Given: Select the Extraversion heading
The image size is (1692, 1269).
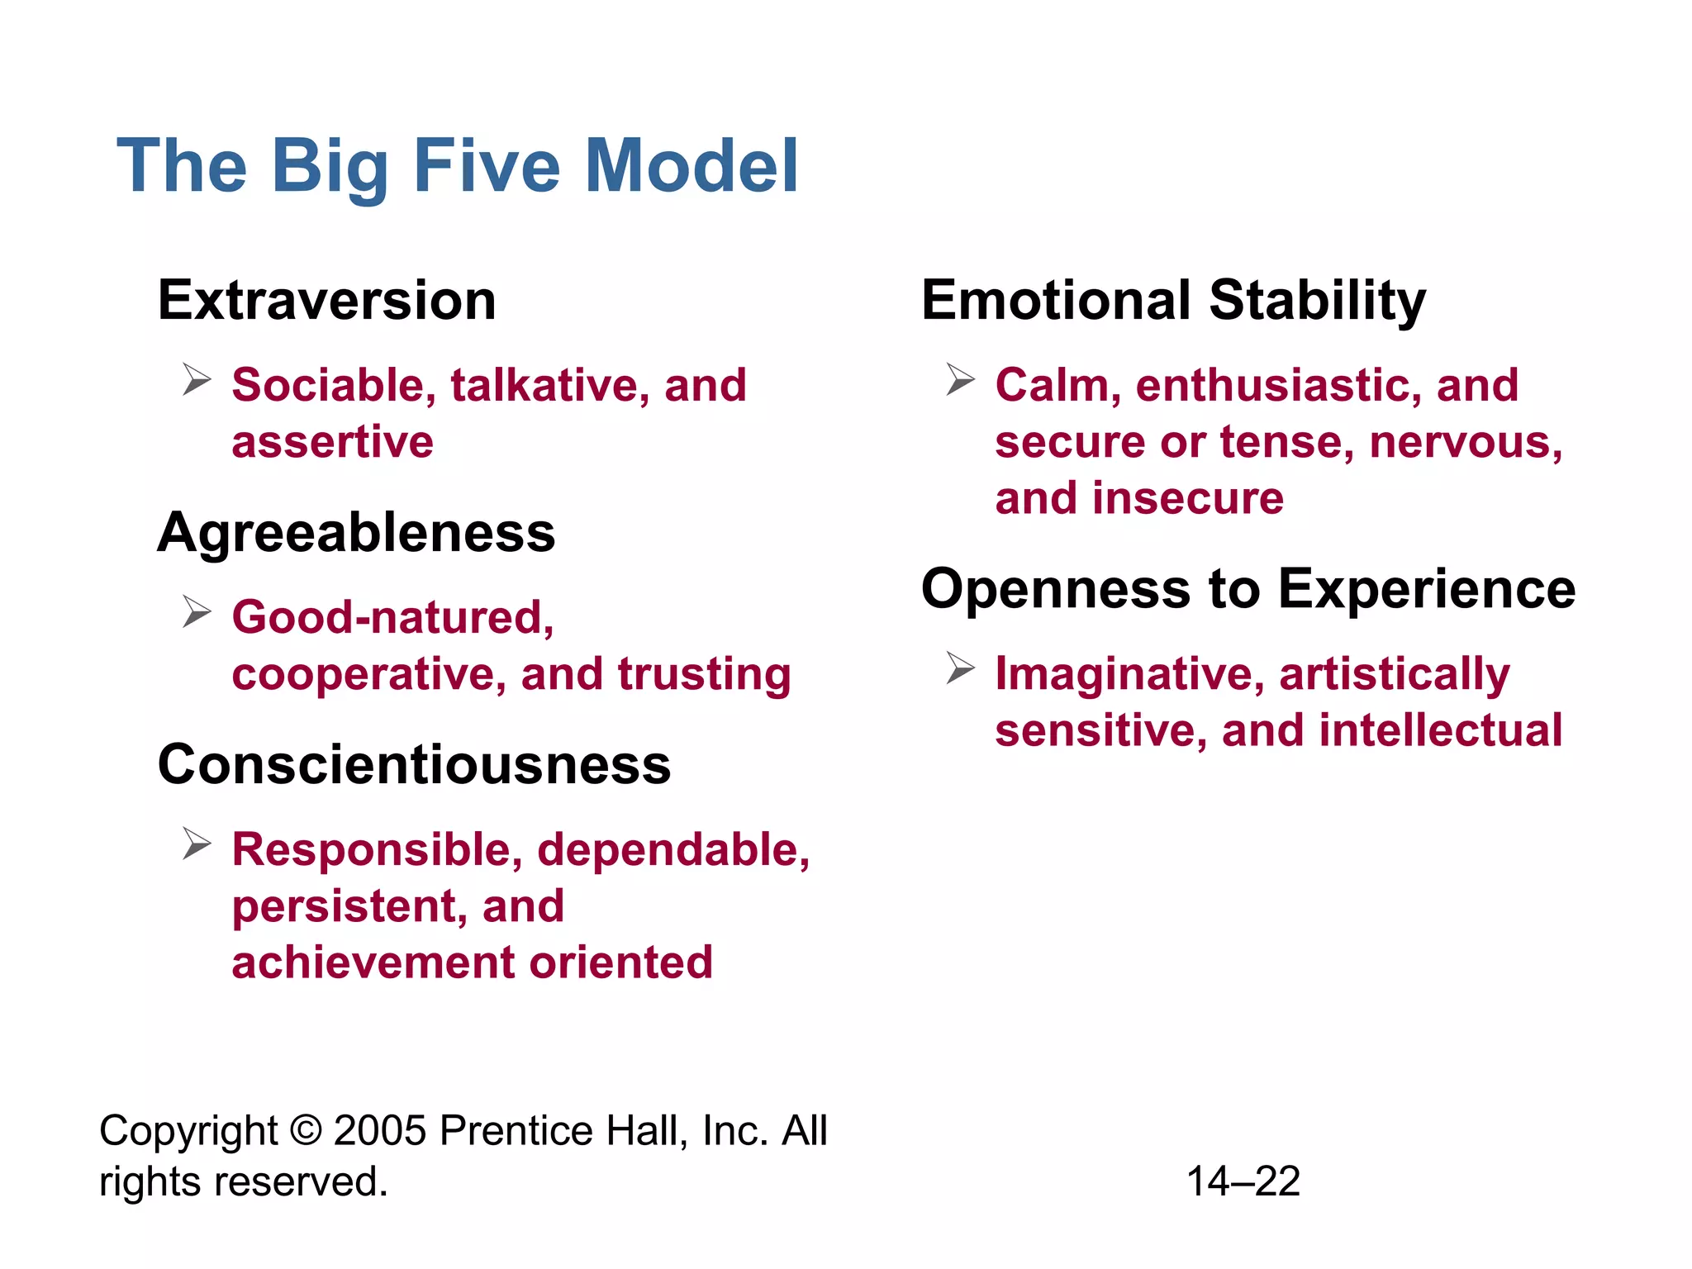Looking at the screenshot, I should tap(327, 300).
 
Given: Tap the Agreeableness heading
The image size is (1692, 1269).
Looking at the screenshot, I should tap(356, 533).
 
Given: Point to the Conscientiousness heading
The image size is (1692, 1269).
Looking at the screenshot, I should tap(414, 764).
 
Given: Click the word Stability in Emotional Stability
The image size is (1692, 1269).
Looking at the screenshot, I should tap(1318, 300).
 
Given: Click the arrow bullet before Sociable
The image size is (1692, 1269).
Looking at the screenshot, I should tap(197, 380).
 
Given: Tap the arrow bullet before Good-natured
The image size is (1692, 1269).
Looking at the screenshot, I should tap(197, 612).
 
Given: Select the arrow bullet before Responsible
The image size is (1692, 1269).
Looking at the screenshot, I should tap(197, 844).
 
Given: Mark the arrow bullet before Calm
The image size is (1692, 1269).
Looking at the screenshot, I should tap(960, 380).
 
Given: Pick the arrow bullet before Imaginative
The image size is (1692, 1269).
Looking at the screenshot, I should tap(960, 668).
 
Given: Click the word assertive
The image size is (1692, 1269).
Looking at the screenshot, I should tap(332, 442).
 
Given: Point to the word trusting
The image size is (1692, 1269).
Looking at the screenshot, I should tap(704, 674).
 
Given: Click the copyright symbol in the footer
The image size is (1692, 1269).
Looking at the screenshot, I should tap(306, 1130).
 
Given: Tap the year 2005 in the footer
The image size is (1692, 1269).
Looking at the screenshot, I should tap(380, 1130).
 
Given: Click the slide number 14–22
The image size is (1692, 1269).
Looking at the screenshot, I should tap(1243, 1181).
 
